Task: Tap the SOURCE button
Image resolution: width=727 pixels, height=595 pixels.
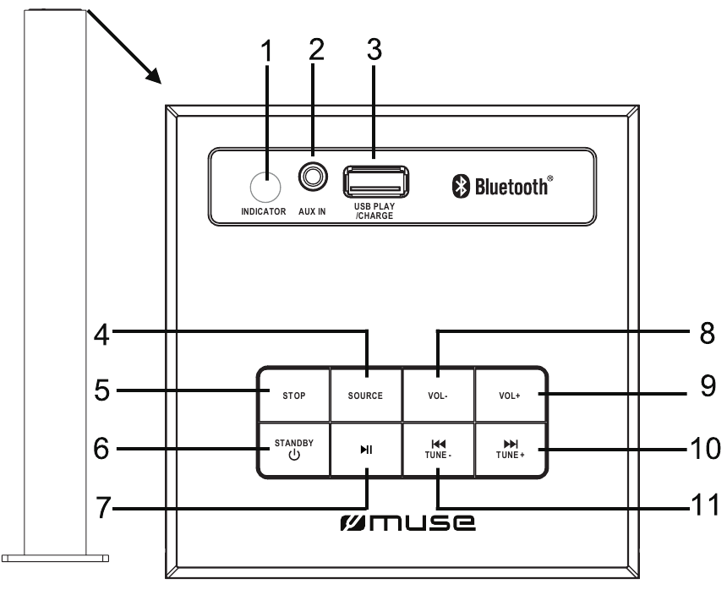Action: tap(364, 395)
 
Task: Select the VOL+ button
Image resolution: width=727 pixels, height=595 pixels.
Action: tap(508, 395)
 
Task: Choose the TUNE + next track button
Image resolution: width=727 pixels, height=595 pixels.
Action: tap(508, 448)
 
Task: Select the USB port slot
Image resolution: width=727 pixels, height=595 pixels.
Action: tap(375, 181)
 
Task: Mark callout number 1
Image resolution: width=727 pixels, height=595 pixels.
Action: tap(267, 52)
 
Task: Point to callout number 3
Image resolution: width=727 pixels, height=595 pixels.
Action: tap(373, 52)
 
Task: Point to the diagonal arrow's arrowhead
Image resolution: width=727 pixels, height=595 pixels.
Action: tap(154, 78)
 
